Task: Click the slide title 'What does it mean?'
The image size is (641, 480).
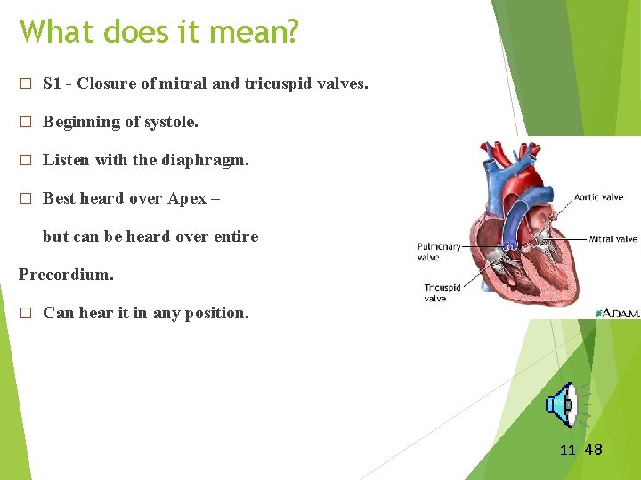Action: coord(159,32)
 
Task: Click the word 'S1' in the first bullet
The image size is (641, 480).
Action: coord(53,84)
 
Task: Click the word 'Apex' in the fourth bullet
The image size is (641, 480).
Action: coord(187,198)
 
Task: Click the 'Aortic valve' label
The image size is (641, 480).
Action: coord(598,197)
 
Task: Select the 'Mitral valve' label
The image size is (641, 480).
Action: coord(613,238)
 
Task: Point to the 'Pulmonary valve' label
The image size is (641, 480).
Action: coord(439,252)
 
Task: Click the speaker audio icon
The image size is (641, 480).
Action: coord(562,405)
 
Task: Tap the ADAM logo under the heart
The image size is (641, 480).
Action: coord(621,313)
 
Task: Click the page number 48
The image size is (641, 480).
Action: coord(593,450)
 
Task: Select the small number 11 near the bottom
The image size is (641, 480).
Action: coord(567,451)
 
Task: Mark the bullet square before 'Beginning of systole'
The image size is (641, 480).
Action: coord(26,123)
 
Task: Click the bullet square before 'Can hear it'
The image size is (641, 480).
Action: coord(26,314)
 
